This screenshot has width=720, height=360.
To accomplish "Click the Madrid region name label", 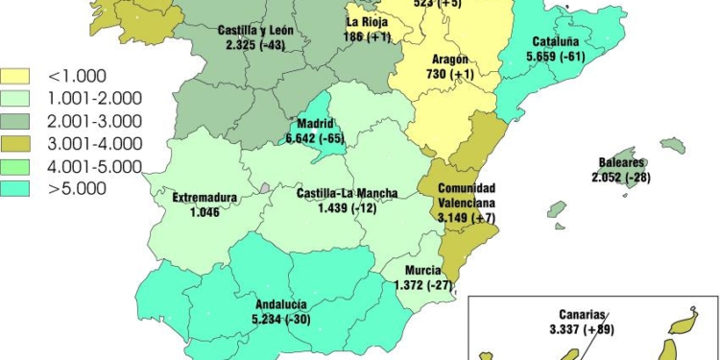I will click(x=316, y=125).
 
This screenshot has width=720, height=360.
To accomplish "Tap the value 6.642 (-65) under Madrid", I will click(x=315, y=139).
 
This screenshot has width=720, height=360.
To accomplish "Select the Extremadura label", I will click(x=204, y=199).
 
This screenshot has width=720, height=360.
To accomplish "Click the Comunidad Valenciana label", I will click(x=467, y=196).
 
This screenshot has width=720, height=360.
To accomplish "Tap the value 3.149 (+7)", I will click(x=467, y=218).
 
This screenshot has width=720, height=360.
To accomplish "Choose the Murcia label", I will click(x=422, y=271).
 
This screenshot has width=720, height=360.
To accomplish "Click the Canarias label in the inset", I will click(x=583, y=314).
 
